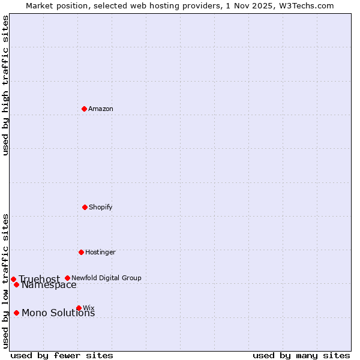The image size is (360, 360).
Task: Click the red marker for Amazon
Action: coord(84,109)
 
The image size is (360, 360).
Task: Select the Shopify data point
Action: coord(85,207)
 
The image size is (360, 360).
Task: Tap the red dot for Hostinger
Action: coord(81,252)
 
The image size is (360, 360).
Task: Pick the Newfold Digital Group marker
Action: coord(67,278)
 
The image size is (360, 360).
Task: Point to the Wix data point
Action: coord(79,308)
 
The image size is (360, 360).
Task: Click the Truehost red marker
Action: coord(13,279)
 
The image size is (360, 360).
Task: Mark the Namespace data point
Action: coord(16,284)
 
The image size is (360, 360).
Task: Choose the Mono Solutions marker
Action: coord(16,313)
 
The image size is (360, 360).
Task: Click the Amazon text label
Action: coord(101,109)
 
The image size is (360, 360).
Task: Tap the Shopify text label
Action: coord(101,207)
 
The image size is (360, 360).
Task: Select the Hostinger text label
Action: coord(100,252)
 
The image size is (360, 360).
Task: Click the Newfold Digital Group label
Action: coord(106,278)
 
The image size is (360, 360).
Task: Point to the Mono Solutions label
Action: coord(58,313)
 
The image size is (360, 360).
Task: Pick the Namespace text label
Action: coord(49,285)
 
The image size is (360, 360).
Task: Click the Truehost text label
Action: coord(39,279)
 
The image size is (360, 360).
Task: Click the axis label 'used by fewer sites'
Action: coord(62,355)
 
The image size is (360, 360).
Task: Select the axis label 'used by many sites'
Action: coord(301,355)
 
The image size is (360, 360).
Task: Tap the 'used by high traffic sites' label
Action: coord(5,85)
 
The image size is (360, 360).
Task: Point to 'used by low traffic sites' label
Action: coord(5,280)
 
